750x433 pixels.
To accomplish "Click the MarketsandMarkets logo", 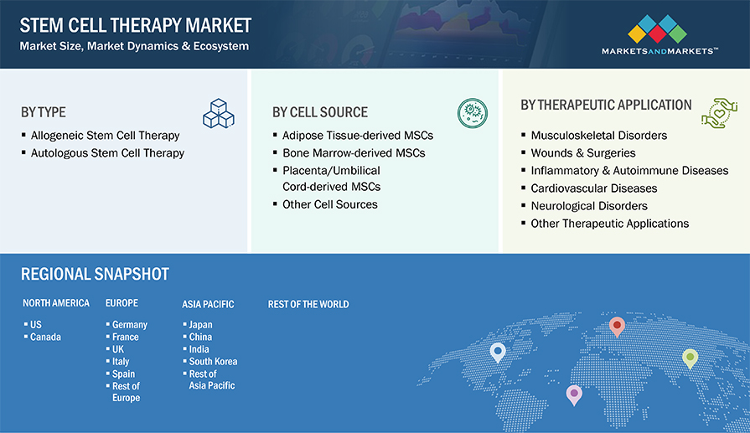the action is [x=659, y=35].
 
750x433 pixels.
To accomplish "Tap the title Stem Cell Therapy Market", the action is [x=136, y=25].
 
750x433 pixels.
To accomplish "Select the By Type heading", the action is [x=43, y=112].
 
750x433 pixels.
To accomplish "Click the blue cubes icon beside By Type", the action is [x=219, y=113].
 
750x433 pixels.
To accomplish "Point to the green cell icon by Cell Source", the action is [x=472, y=113].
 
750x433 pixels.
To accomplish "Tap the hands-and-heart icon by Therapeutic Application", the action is [x=720, y=113].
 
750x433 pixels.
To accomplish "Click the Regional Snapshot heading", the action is [x=95, y=274].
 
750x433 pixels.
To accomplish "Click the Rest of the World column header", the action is [x=308, y=304].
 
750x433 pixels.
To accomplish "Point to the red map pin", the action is [x=617, y=327].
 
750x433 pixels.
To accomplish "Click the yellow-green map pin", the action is [x=690, y=358].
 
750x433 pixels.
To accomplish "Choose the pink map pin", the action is [x=574, y=394].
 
